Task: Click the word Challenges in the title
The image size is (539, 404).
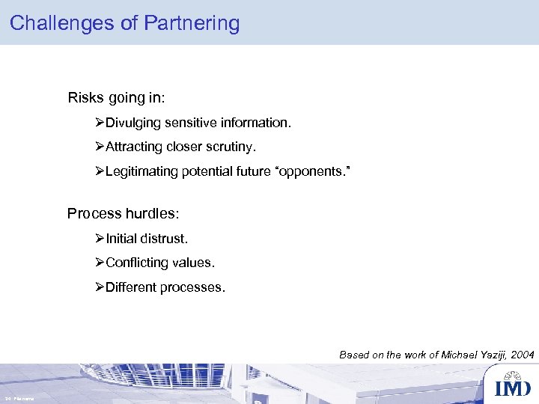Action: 62,23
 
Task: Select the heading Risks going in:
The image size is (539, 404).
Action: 117,97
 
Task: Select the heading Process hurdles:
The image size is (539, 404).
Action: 124,213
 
